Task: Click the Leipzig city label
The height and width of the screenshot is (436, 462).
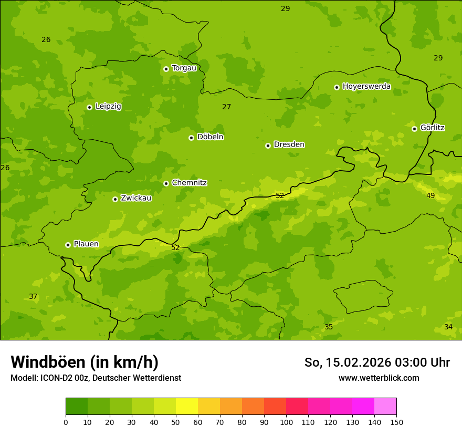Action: tap(108, 107)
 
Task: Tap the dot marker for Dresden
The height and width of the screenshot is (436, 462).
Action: tap(268, 146)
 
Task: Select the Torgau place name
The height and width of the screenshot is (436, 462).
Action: tap(184, 68)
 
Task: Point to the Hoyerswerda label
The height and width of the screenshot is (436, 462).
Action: tap(366, 87)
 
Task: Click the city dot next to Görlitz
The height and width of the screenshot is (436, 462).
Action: tap(414, 129)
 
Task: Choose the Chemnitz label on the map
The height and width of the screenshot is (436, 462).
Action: tap(189, 183)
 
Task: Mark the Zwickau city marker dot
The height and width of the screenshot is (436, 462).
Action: tap(115, 199)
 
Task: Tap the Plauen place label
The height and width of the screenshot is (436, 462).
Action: tap(86, 244)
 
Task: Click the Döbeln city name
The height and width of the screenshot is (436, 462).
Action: tap(210, 137)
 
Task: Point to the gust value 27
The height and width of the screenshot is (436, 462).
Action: tap(226, 107)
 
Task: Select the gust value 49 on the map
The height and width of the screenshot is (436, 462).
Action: tap(430, 196)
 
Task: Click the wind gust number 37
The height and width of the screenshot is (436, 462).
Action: tap(33, 297)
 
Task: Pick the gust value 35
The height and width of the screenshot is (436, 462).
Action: tap(329, 327)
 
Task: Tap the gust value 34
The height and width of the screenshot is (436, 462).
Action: tap(448, 327)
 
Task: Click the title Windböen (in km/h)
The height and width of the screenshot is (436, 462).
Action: tap(85, 362)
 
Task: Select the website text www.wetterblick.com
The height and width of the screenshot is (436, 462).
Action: tap(379, 378)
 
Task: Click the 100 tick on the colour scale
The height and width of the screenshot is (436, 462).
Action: tap(286, 422)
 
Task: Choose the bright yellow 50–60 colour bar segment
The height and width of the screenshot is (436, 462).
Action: tap(187, 407)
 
